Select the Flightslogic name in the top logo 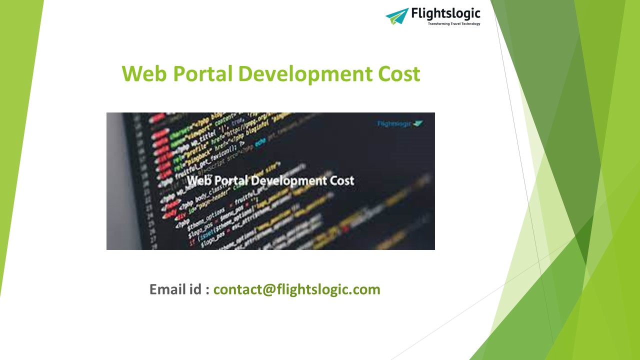445,13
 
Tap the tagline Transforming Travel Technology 453,23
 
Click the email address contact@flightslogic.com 296,289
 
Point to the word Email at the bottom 167,289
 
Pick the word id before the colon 195,289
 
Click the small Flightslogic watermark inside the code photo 400,123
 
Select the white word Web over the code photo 199,180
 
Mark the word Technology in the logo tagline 469,23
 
